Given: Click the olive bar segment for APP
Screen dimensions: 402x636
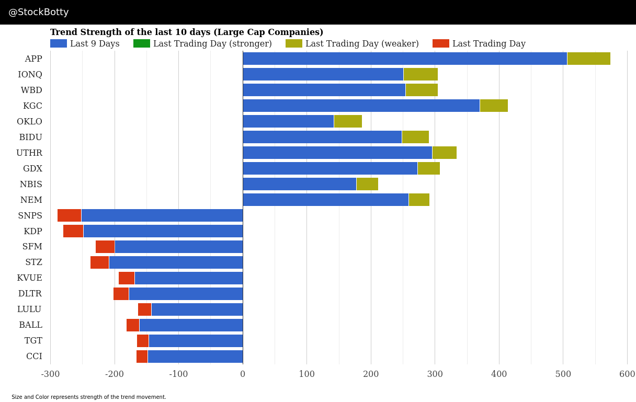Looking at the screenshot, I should tap(588, 59).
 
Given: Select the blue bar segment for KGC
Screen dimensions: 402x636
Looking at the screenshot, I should tap(361, 106).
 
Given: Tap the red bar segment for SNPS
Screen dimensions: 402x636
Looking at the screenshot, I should tap(69, 215).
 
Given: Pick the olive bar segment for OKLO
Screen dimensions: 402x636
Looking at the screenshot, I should tap(348, 121).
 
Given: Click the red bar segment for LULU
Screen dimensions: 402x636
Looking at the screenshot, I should tap(144, 309).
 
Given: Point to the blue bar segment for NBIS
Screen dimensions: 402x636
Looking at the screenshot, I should tap(299, 184).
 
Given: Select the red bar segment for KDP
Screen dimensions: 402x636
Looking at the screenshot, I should tap(73, 231).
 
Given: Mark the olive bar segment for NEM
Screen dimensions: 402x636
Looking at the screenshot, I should tap(419, 200).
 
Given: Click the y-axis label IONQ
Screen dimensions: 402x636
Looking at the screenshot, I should tap(30, 74).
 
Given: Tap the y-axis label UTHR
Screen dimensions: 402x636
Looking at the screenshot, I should tap(29, 153).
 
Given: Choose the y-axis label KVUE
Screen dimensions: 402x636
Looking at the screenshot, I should tap(29, 278).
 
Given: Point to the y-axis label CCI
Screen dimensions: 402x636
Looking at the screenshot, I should tap(34, 357).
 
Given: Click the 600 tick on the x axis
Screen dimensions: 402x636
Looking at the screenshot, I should tap(627, 374).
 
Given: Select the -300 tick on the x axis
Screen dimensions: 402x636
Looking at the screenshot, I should tap(50, 374).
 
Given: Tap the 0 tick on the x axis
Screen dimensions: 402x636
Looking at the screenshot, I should tap(243, 374).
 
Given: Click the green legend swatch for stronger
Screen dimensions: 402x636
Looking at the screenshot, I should tap(142, 43).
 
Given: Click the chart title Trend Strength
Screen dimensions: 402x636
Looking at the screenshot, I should tap(187, 32).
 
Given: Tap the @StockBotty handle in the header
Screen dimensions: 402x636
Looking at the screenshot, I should tap(39, 12).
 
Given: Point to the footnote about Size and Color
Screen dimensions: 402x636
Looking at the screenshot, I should tap(89, 397).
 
